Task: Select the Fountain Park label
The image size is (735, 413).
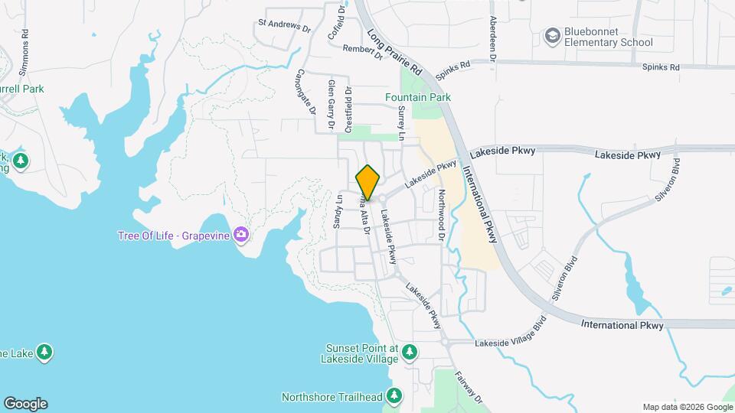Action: tap(417, 97)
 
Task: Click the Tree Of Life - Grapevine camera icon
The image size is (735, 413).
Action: tap(242, 234)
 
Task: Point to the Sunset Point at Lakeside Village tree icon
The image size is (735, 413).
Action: tap(410, 352)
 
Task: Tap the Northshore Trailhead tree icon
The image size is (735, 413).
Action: tap(394, 395)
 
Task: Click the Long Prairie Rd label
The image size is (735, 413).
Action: tap(395, 53)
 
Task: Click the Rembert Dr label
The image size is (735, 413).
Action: tap(362, 51)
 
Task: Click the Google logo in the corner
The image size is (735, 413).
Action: tap(25, 404)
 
